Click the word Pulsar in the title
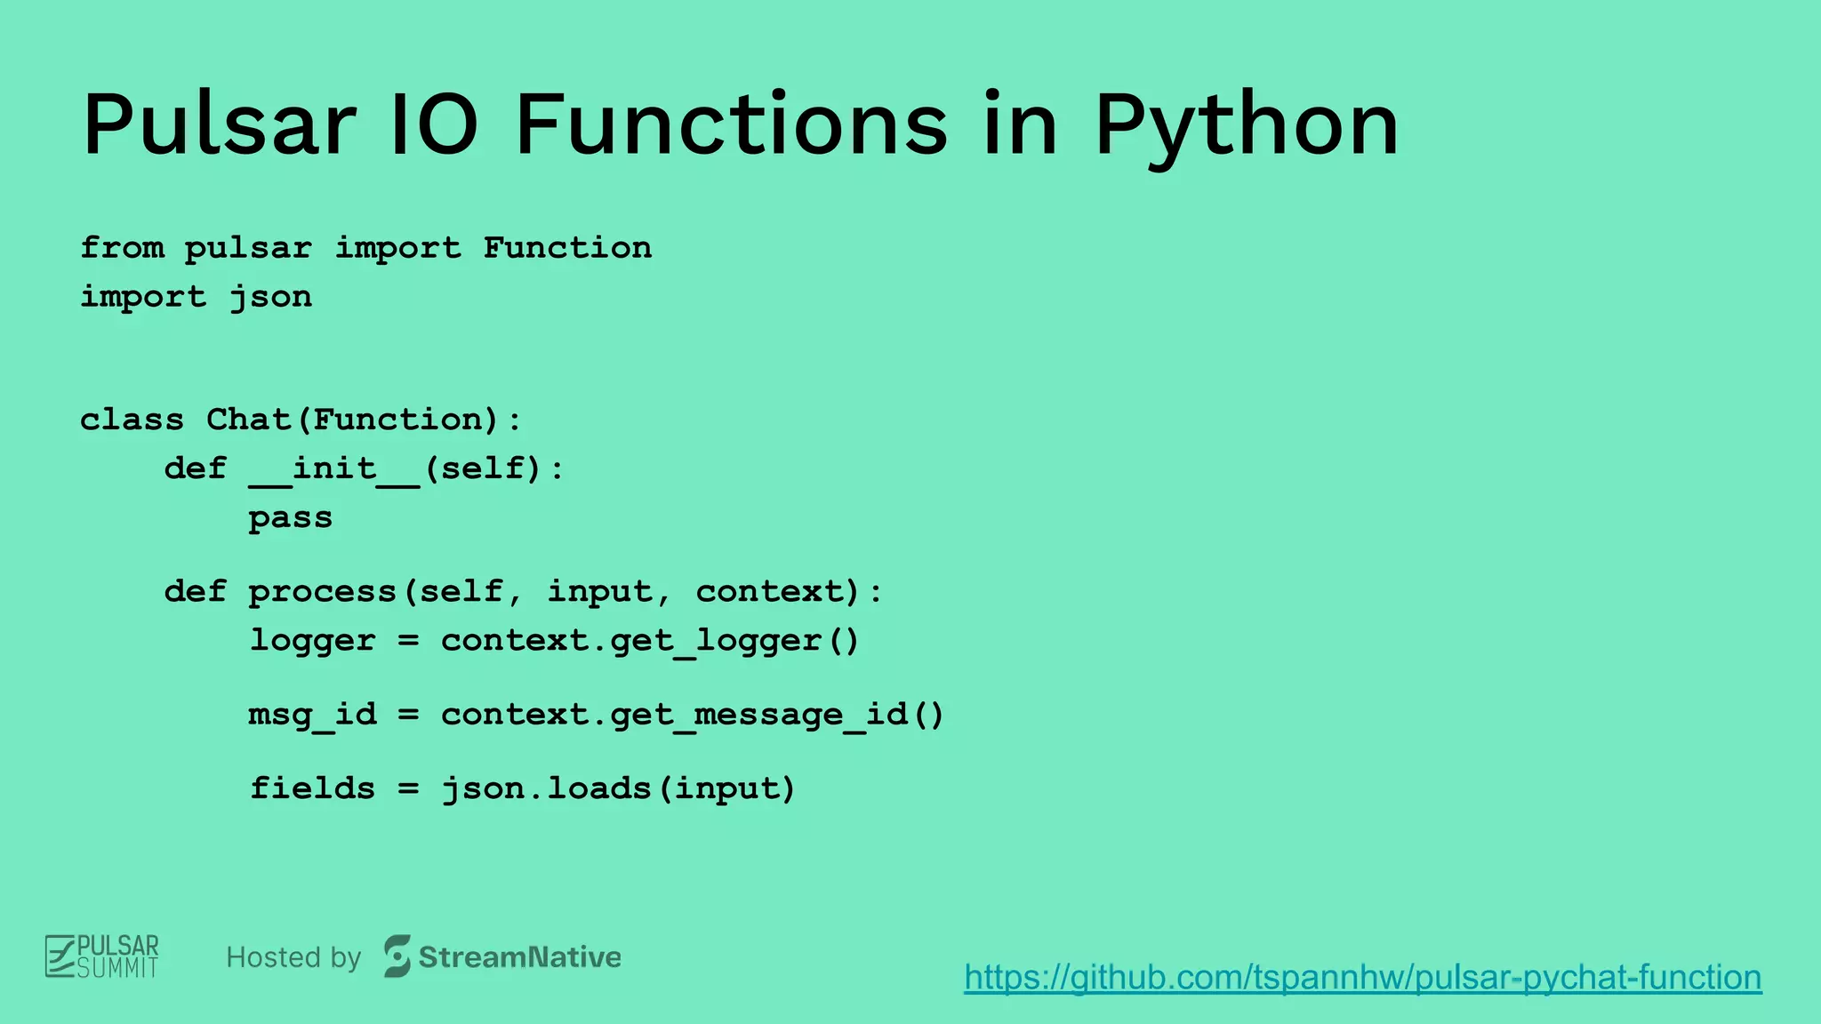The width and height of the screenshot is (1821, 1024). (x=219, y=126)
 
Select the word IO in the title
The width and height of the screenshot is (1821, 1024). (x=435, y=126)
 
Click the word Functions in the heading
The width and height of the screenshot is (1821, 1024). (x=731, y=126)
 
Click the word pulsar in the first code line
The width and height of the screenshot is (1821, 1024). (x=248, y=248)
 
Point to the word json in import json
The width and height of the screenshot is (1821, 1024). (x=271, y=297)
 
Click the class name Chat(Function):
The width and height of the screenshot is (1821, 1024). (x=364, y=420)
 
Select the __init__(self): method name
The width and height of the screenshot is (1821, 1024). (x=406, y=468)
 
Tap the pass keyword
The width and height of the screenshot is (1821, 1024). (x=290, y=518)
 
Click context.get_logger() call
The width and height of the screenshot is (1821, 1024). (x=650, y=641)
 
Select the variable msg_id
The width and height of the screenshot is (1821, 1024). (x=312, y=715)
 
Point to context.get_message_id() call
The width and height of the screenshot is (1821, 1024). (x=692, y=715)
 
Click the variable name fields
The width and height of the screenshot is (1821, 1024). (x=312, y=788)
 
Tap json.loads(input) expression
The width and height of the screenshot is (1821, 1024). (x=618, y=788)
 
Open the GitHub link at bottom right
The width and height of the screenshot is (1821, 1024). (x=1362, y=977)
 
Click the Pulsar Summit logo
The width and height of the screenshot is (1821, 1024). (x=102, y=956)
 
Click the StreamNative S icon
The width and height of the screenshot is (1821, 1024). (x=397, y=956)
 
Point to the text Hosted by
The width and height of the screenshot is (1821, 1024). (x=293, y=957)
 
